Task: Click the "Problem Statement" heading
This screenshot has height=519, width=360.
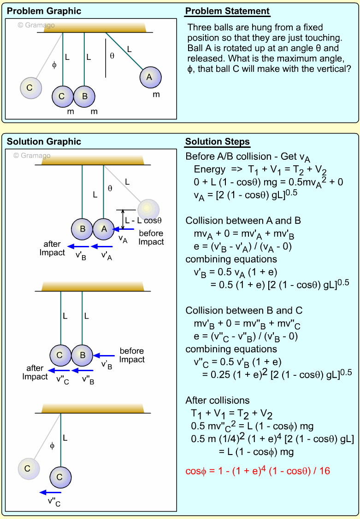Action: pos(227,11)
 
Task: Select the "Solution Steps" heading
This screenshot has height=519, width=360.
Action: pos(218,141)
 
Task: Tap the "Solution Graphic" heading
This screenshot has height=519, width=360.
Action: pos(44,141)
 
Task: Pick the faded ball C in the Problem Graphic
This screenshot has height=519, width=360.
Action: pos(30,87)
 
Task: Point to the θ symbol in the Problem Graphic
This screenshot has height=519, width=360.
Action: pos(112,56)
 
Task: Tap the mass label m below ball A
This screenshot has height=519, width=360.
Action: pos(156,94)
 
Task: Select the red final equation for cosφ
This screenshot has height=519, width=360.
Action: pos(257,470)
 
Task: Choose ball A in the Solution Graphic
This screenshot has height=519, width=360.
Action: pos(104,229)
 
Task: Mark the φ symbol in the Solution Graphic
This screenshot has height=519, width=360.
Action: pos(52,445)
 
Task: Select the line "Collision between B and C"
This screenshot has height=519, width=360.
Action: pos(244,310)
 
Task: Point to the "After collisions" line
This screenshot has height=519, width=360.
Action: pos(218,400)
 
